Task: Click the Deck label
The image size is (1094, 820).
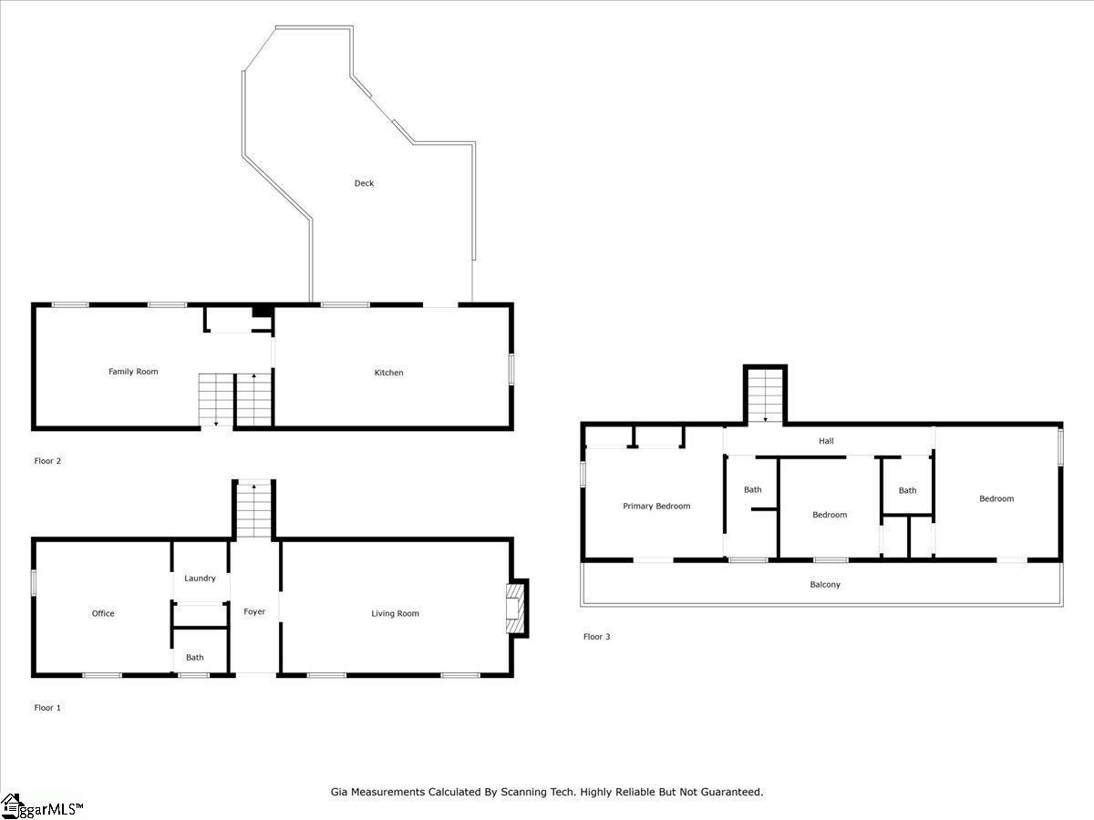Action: [x=364, y=183]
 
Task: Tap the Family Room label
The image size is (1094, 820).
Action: [x=133, y=372]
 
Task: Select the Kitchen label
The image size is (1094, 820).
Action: [x=388, y=373]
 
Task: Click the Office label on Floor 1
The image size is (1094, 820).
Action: [x=103, y=613]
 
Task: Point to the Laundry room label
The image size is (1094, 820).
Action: [x=200, y=579]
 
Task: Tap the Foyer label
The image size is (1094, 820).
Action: [x=254, y=611]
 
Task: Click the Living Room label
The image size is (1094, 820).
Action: [x=395, y=613]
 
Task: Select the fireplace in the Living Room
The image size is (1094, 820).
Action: [x=516, y=608]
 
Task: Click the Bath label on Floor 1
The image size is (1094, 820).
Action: [x=195, y=657]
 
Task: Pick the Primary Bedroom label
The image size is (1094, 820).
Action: [x=656, y=506]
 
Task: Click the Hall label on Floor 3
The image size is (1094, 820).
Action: [x=826, y=441]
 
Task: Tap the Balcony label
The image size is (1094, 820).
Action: [x=825, y=584]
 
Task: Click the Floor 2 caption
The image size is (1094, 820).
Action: [x=47, y=461]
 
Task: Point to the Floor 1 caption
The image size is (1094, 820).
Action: [x=47, y=707]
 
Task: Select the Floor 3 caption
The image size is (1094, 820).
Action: [x=596, y=637]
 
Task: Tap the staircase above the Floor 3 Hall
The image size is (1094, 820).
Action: [x=765, y=395]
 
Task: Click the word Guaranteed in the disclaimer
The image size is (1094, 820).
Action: [x=726, y=792]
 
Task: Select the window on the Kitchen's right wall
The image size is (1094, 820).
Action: [x=511, y=369]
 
